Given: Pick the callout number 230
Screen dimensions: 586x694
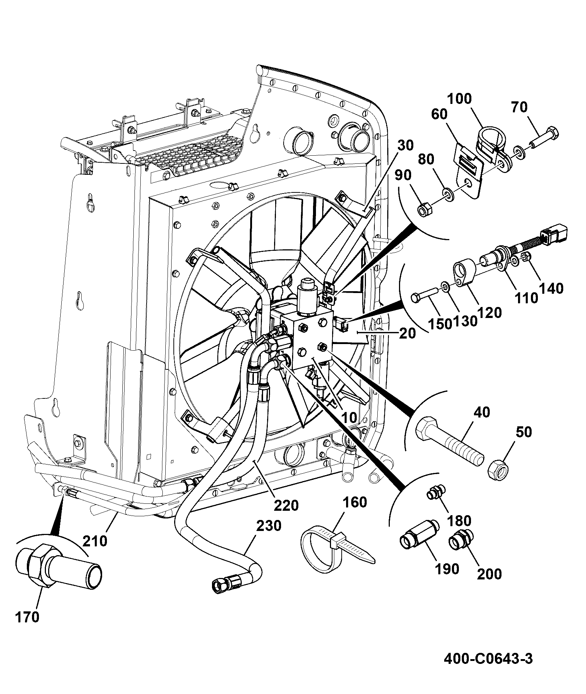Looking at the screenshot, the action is click(269, 525).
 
